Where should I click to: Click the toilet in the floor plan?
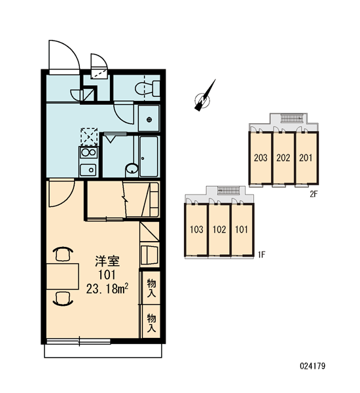pos(147,88)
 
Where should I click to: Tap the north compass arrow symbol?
pos(205,96)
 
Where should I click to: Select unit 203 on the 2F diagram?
pos(261,158)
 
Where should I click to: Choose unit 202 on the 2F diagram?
pos(283,158)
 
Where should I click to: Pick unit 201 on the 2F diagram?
pos(306,158)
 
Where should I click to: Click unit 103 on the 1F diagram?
pos(196,229)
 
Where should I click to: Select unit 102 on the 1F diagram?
pos(219,229)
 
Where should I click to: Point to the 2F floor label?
pos(314,194)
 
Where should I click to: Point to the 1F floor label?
pos(262,255)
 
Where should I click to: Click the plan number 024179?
pos(313,366)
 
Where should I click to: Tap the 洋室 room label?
pos(107,261)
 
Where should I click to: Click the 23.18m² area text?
pos(107,289)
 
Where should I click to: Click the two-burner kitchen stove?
pos(88,153)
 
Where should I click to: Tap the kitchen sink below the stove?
pos(88,170)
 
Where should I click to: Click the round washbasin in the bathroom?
pos(132,169)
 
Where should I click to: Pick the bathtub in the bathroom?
pos(149,157)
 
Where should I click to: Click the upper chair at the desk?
pos(63,254)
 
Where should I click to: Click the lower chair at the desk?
pos(63,299)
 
